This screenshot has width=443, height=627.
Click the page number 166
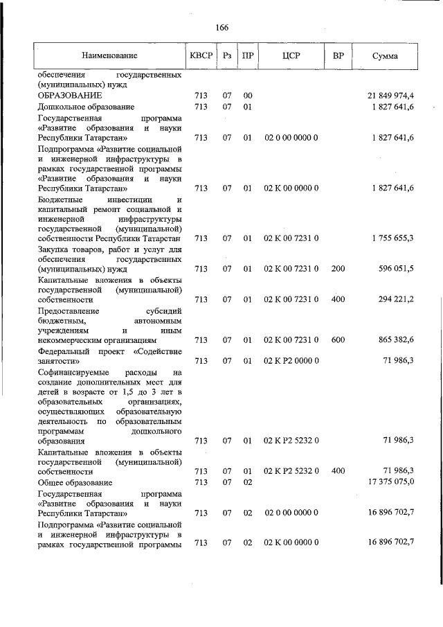coord(221,28)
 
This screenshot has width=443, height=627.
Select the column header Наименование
coord(109,55)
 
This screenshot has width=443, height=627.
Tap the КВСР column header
coord(201,55)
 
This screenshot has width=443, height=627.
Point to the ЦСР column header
coord(291,55)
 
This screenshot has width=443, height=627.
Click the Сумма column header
coord(384,55)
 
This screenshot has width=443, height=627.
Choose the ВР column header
coord(338,55)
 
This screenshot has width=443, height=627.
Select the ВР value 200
coord(338,269)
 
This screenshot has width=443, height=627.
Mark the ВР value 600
coord(338,340)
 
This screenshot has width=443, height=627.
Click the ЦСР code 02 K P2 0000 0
coord(291,361)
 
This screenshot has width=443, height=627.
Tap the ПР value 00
coord(247,95)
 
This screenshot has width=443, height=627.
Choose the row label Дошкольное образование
coord(86,107)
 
